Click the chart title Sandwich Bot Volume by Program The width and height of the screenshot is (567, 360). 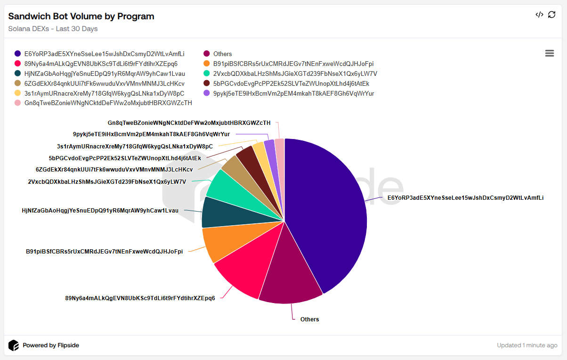click(81, 16)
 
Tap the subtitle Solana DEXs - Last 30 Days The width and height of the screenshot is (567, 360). click(53, 29)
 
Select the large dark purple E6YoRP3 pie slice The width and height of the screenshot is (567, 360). click(330, 212)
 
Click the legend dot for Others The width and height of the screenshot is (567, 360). click(206, 54)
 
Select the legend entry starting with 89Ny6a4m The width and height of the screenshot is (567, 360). click(101, 64)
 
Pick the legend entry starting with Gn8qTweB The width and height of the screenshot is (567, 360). click(108, 103)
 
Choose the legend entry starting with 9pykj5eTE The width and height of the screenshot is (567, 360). click(293, 93)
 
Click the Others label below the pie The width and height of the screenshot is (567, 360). click(309, 319)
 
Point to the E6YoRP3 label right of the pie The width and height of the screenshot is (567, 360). click(465, 198)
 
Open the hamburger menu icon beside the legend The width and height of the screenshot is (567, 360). click(549, 53)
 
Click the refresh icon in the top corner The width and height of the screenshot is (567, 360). click(552, 15)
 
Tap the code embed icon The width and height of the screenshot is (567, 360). click(539, 15)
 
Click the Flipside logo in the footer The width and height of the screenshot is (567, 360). click(14, 345)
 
